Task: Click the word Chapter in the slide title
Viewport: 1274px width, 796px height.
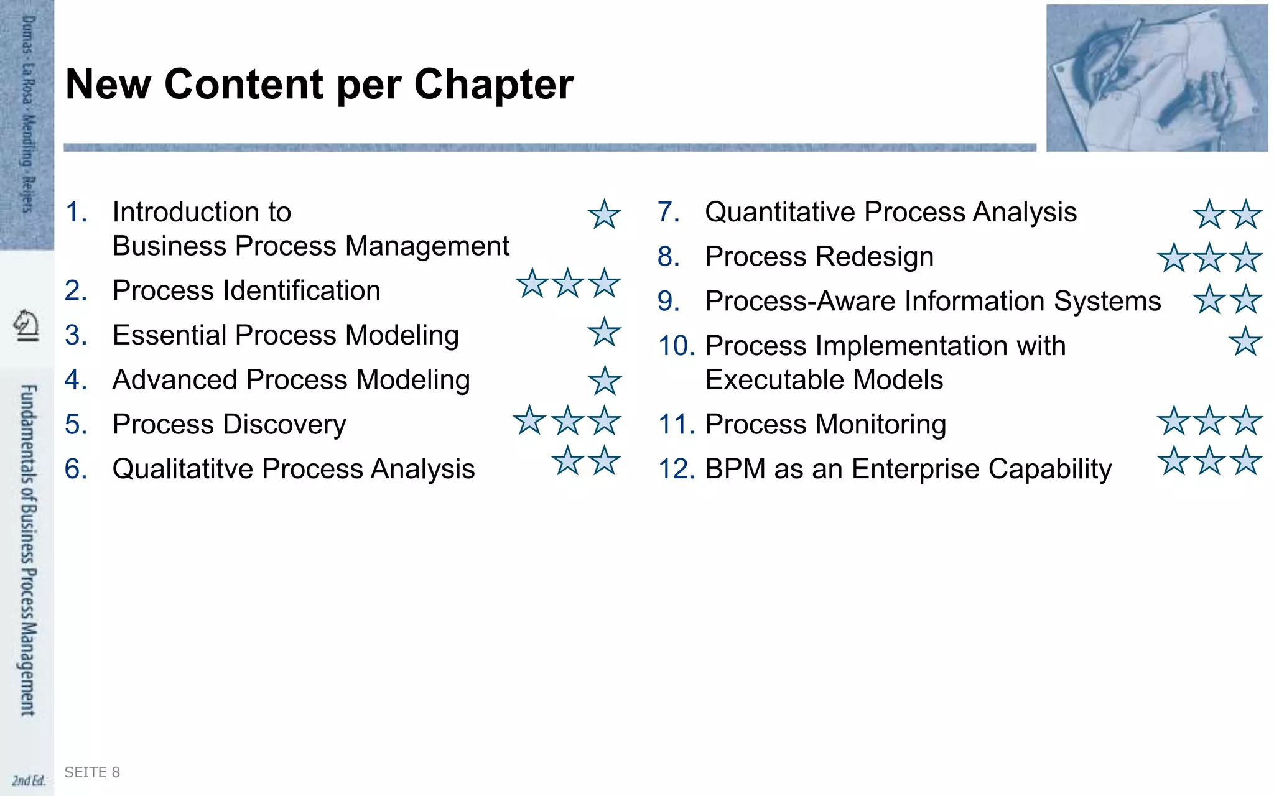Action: (493, 85)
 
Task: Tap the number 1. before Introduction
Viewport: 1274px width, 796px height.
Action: (76, 212)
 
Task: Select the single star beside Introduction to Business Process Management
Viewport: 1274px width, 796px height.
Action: (604, 215)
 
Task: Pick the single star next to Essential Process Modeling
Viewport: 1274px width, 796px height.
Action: (604, 332)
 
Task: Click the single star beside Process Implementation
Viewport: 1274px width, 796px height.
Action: (1245, 341)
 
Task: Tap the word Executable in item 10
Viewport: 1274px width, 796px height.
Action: (762, 379)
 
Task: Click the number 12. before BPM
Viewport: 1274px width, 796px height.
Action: (676, 469)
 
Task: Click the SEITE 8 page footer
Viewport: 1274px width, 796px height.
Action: (92, 772)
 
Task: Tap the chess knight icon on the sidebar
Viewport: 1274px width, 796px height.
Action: (26, 325)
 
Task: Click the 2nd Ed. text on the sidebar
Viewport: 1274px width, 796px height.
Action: (29, 780)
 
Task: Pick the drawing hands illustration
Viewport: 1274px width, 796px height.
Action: (1156, 78)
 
